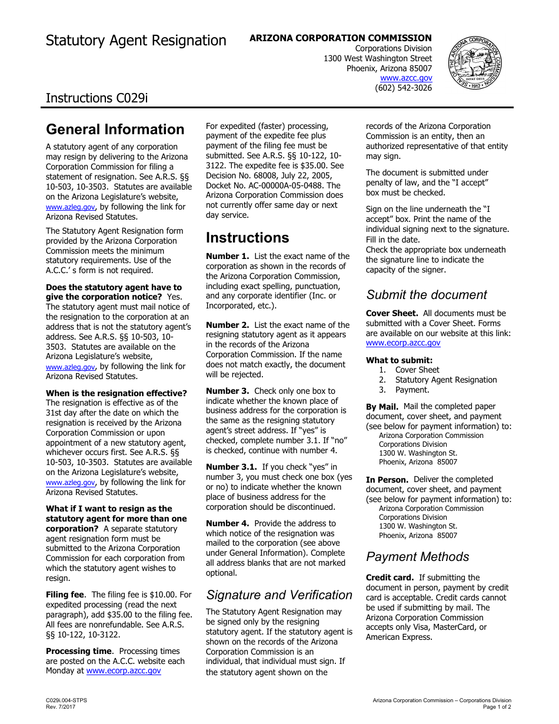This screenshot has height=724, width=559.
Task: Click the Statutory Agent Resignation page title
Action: pyautogui.click(x=136, y=41)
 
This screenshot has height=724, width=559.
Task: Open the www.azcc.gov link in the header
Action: pyautogui.click(x=406, y=78)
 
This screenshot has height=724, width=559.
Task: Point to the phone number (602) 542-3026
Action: pyautogui.click(x=403, y=88)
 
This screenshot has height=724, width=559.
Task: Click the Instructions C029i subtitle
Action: pyautogui.click(x=97, y=98)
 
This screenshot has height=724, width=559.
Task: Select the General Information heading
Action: pyautogui.click(x=115, y=129)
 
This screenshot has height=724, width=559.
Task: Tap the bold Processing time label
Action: pyautogui.click(x=79, y=651)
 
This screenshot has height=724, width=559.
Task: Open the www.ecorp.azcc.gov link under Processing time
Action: pyautogui.click(x=124, y=670)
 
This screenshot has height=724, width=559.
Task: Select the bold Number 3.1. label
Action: pyautogui.click(x=231, y=467)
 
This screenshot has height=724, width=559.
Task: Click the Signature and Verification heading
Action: pyautogui.click(x=279, y=595)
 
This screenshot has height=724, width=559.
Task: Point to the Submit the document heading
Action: pyautogui.click(x=427, y=295)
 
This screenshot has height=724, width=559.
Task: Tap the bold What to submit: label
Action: pyautogui.click(x=399, y=360)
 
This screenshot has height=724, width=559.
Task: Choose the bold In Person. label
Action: pyautogui.click(x=387, y=480)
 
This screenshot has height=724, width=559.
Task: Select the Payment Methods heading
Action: pyautogui.click(x=417, y=557)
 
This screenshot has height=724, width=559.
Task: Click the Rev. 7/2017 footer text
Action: pyautogui.click(x=61, y=706)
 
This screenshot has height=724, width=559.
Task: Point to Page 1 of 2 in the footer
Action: pyautogui.click(x=497, y=706)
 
